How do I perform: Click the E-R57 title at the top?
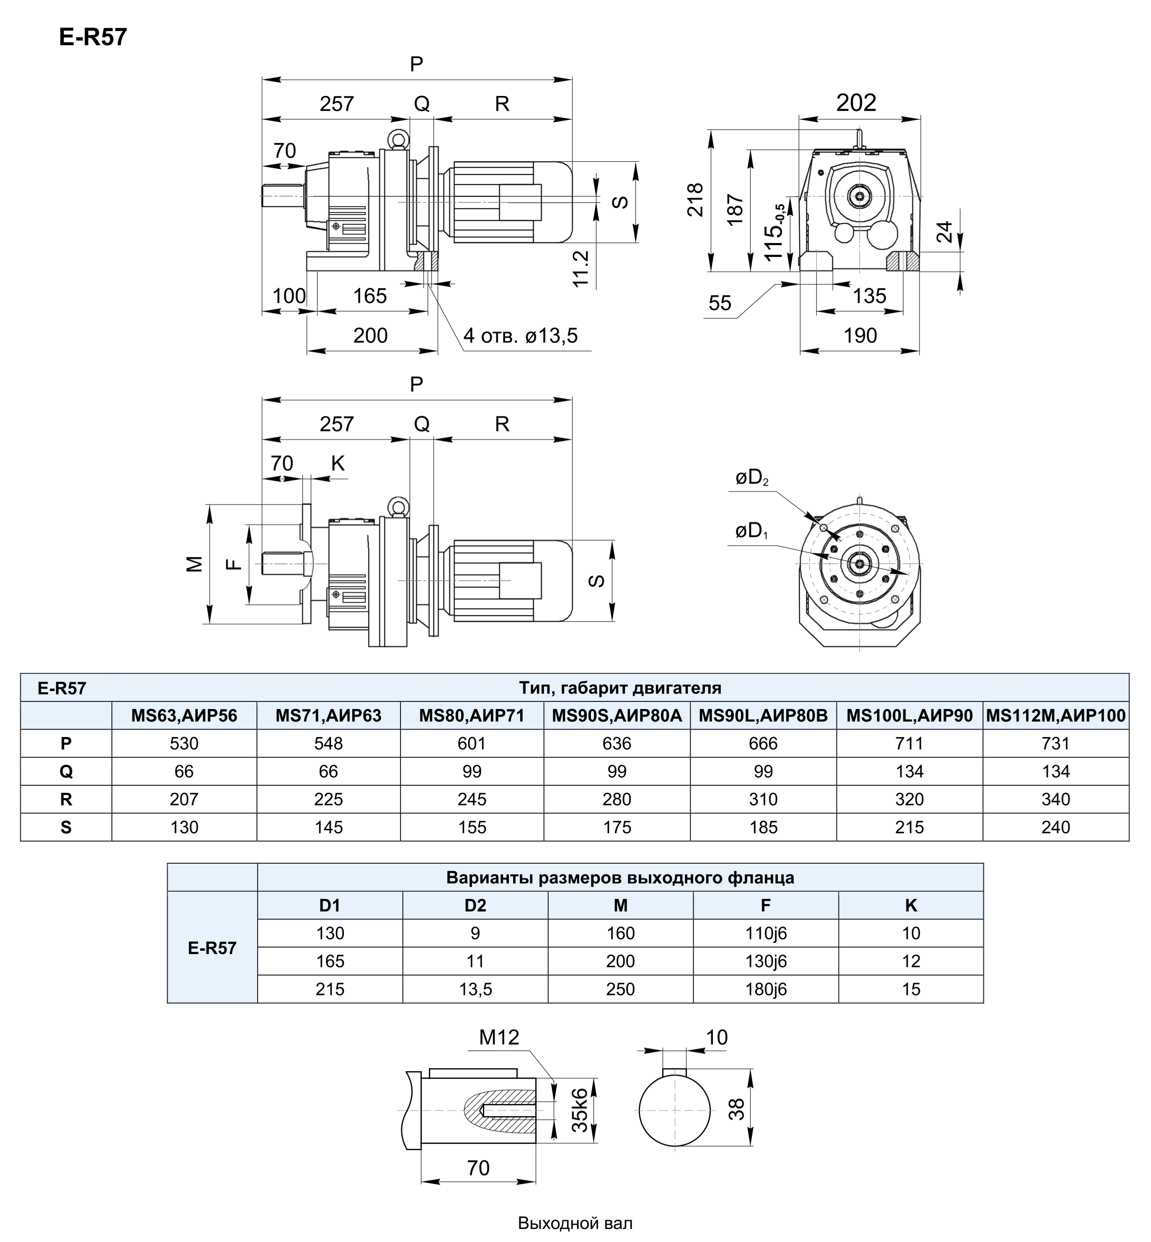(x=93, y=37)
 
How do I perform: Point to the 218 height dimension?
(x=695, y=199)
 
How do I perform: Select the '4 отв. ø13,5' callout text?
(x=521, y=336)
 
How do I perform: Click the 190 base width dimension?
(x=860, y=336)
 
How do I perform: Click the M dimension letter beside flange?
(x=195, y=563)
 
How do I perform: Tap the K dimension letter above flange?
(x=338, y=463)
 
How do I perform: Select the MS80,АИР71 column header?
(x=472, y=715)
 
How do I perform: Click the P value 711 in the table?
(x=909, y=743)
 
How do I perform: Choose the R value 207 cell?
(x=184, y=799)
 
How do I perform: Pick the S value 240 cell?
(x=1055, y=827)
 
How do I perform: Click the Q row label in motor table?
(x=66, y=771)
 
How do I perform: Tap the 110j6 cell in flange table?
(x=766, y=933)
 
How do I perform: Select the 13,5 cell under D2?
(x=475, y=989)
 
